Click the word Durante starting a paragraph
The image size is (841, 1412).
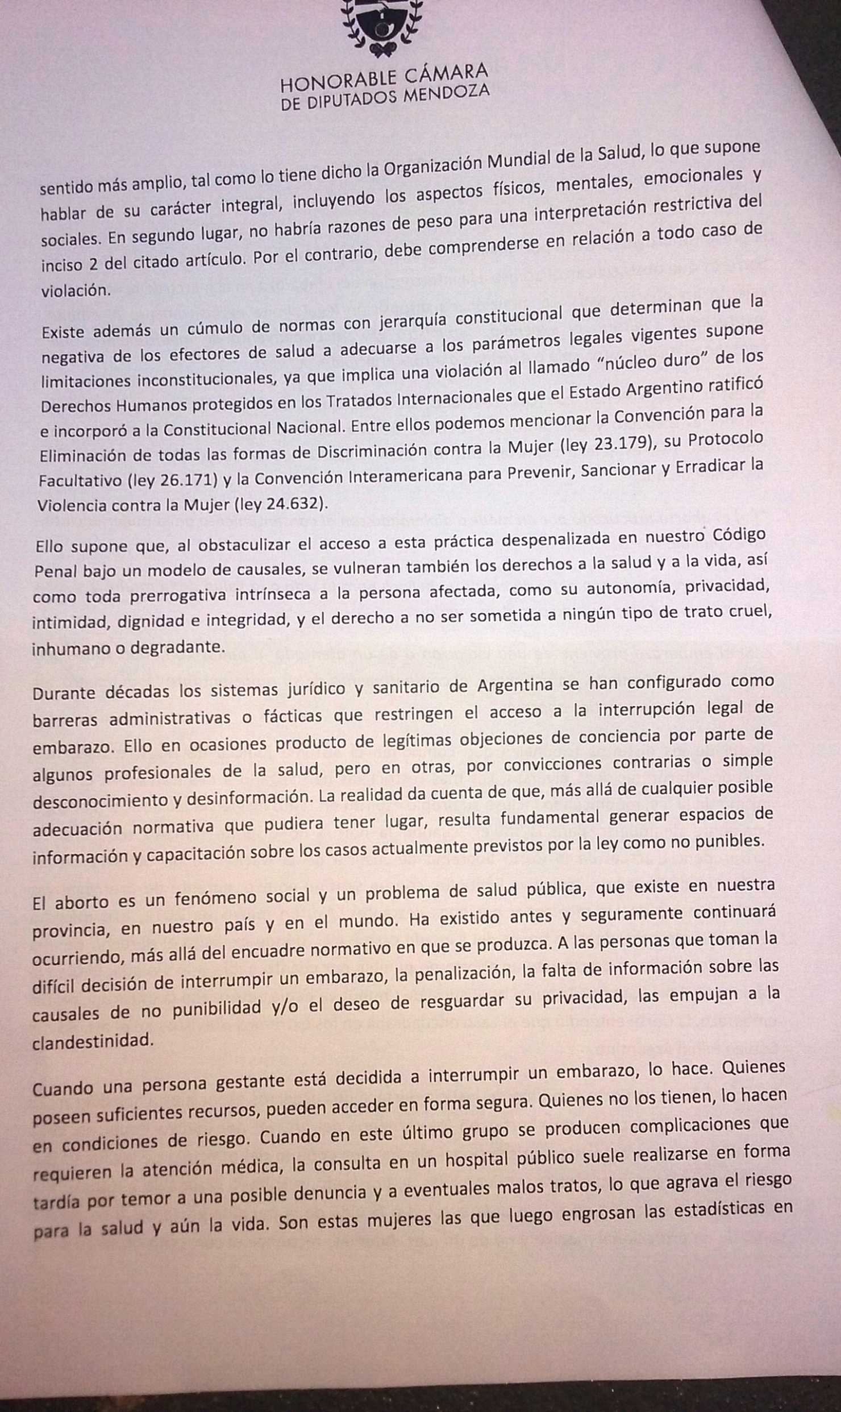[x=68, y=694]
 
